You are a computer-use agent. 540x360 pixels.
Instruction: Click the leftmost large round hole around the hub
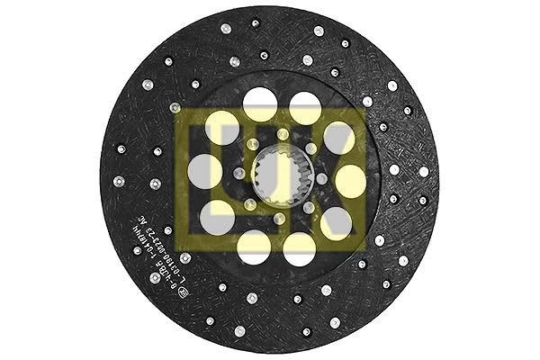click(206, 171)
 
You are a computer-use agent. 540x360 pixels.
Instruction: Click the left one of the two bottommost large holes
click(255, 244)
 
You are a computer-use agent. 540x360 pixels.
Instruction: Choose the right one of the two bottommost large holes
click(300, 247)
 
